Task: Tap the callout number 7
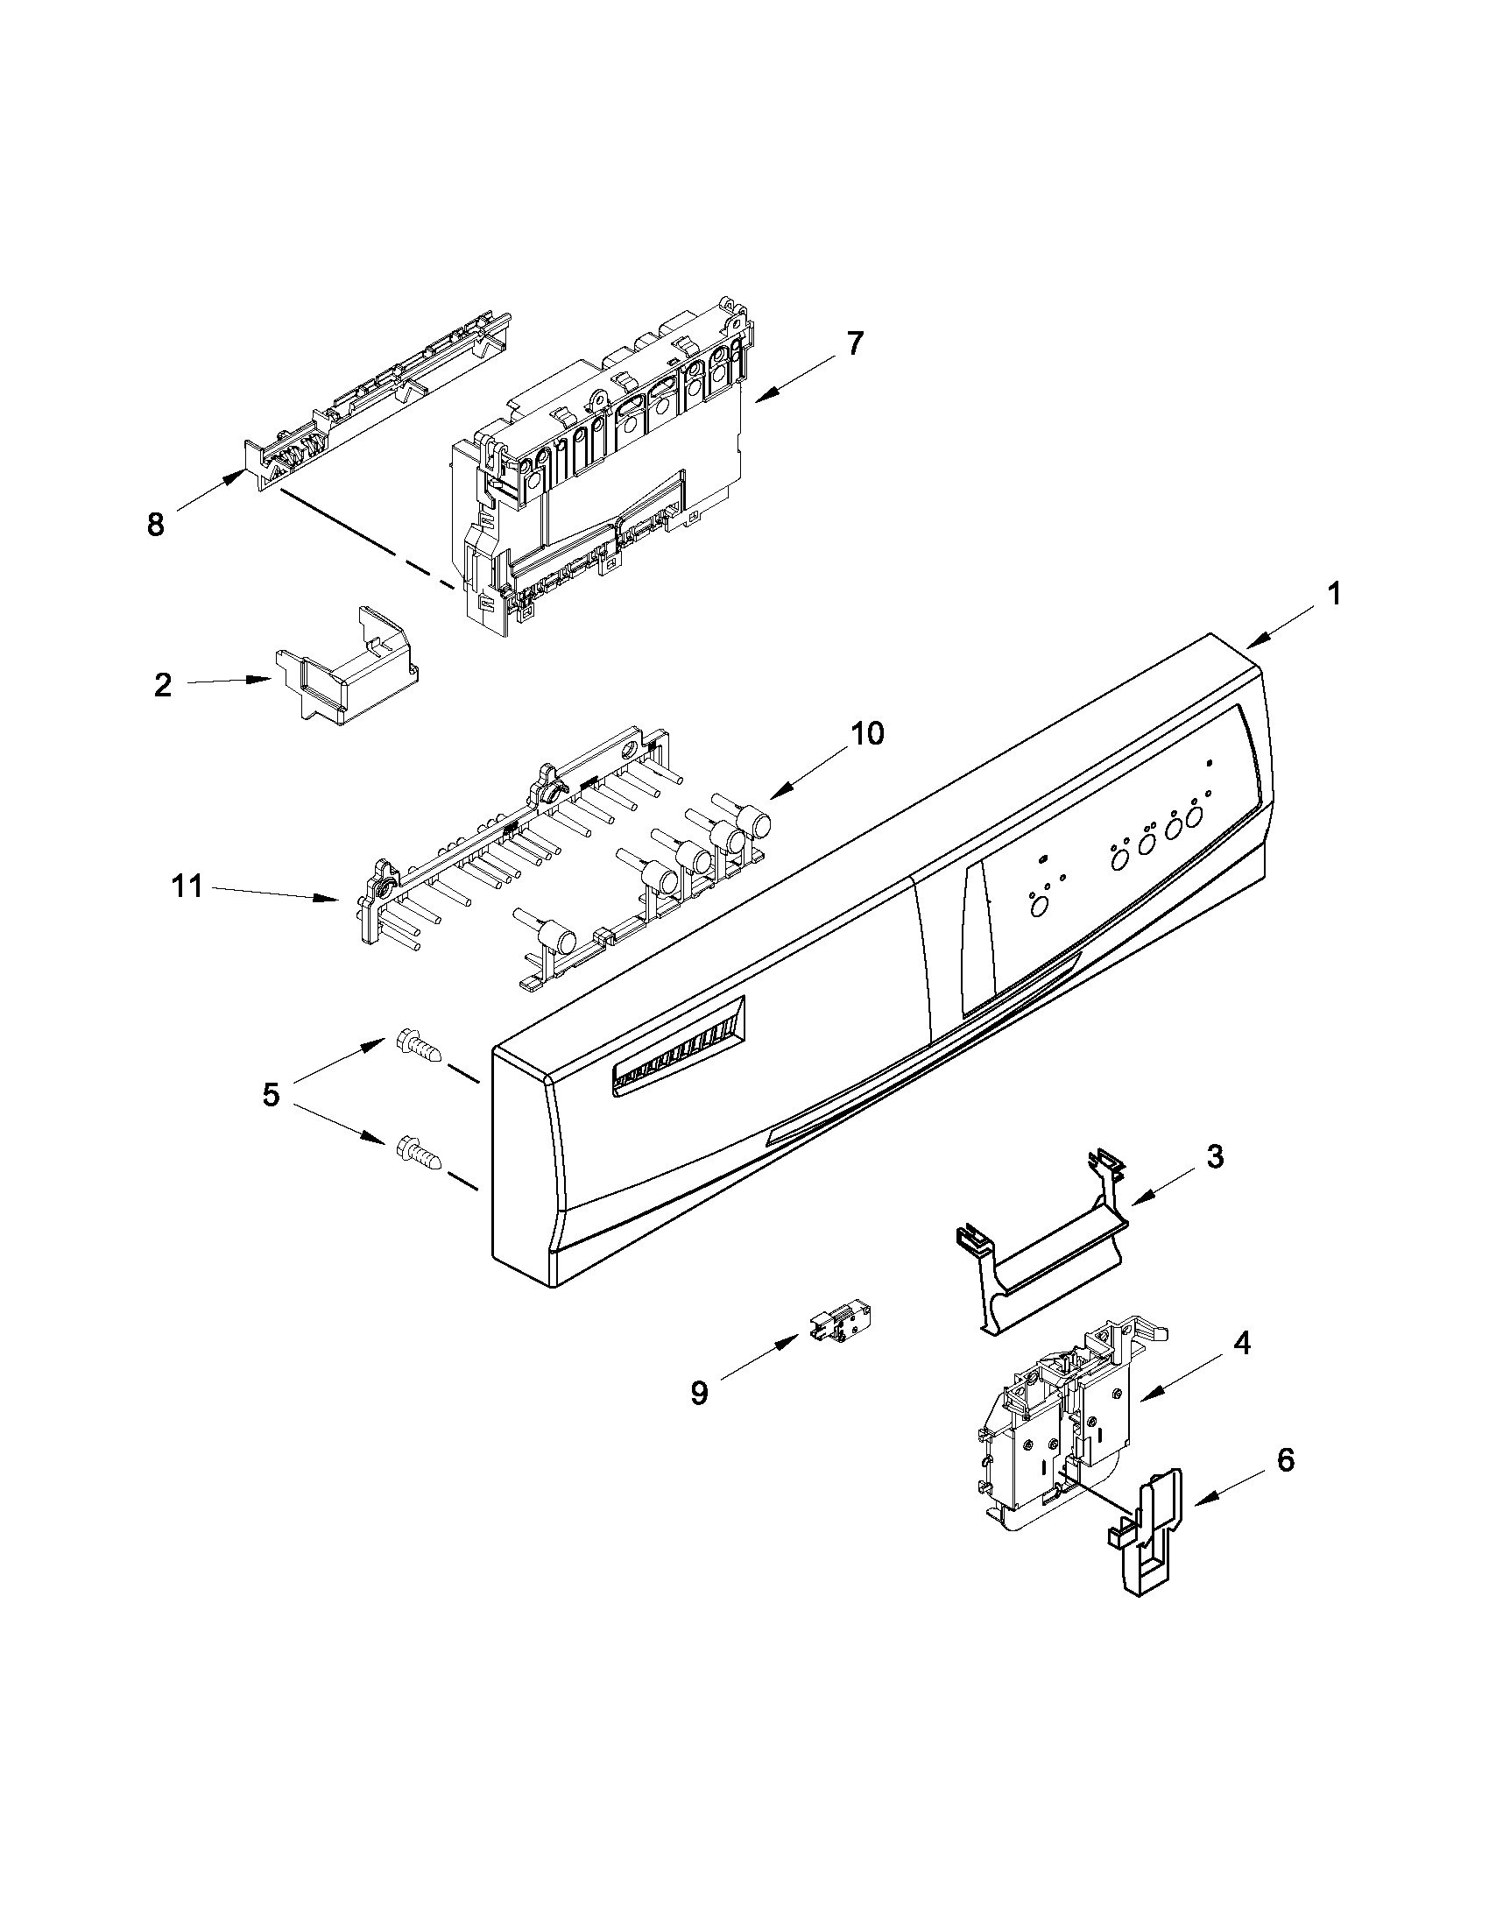[x=854, y=343]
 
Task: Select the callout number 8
[x=155, y=526]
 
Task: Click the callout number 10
[x=868, y=732]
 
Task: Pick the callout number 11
[x=187, y=886]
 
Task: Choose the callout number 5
[x=271, y=1095]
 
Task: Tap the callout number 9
[x=699, y=1393]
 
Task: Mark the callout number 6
[x=1286, y=1460]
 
